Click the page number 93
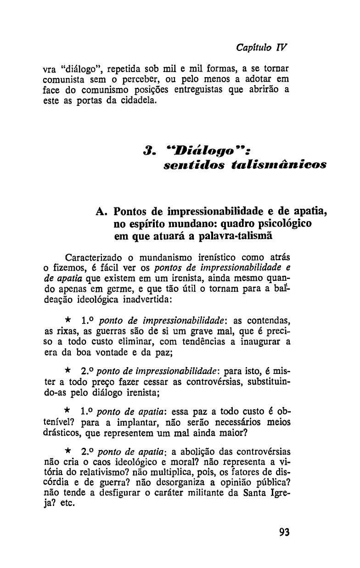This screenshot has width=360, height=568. [x=284, y=533]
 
